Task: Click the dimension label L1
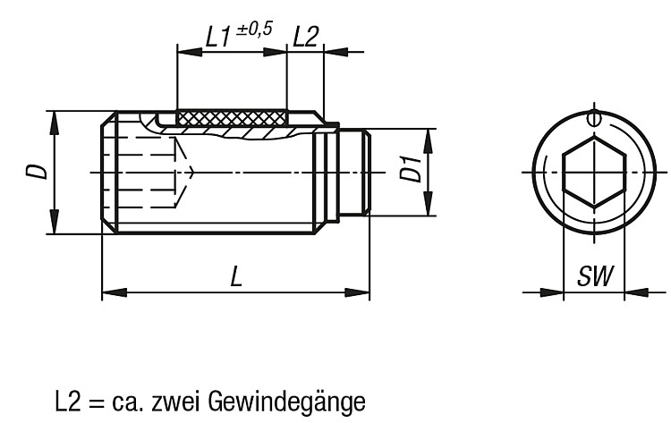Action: [x=217, y=37]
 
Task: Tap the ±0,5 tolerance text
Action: [x=254, y=30]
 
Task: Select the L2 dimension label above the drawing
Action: [x=306, y=37]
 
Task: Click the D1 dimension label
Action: [x=412, y=169]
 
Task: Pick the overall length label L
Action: [x=236, y=275]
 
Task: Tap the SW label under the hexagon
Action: [x=595, y=275]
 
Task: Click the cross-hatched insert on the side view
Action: [x=231, y=118]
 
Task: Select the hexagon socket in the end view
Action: [x=594, y=172]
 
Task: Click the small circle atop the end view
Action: [x=593, y=118]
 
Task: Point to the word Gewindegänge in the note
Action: [x=286, y=402]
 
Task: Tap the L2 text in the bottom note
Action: [x=68, y=402]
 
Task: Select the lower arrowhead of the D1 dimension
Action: [x=428, y=204]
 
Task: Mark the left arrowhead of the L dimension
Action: [x=115, y=293]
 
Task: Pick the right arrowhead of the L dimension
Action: [x=357, y=293]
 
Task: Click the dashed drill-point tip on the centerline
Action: [x=195, y=172]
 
